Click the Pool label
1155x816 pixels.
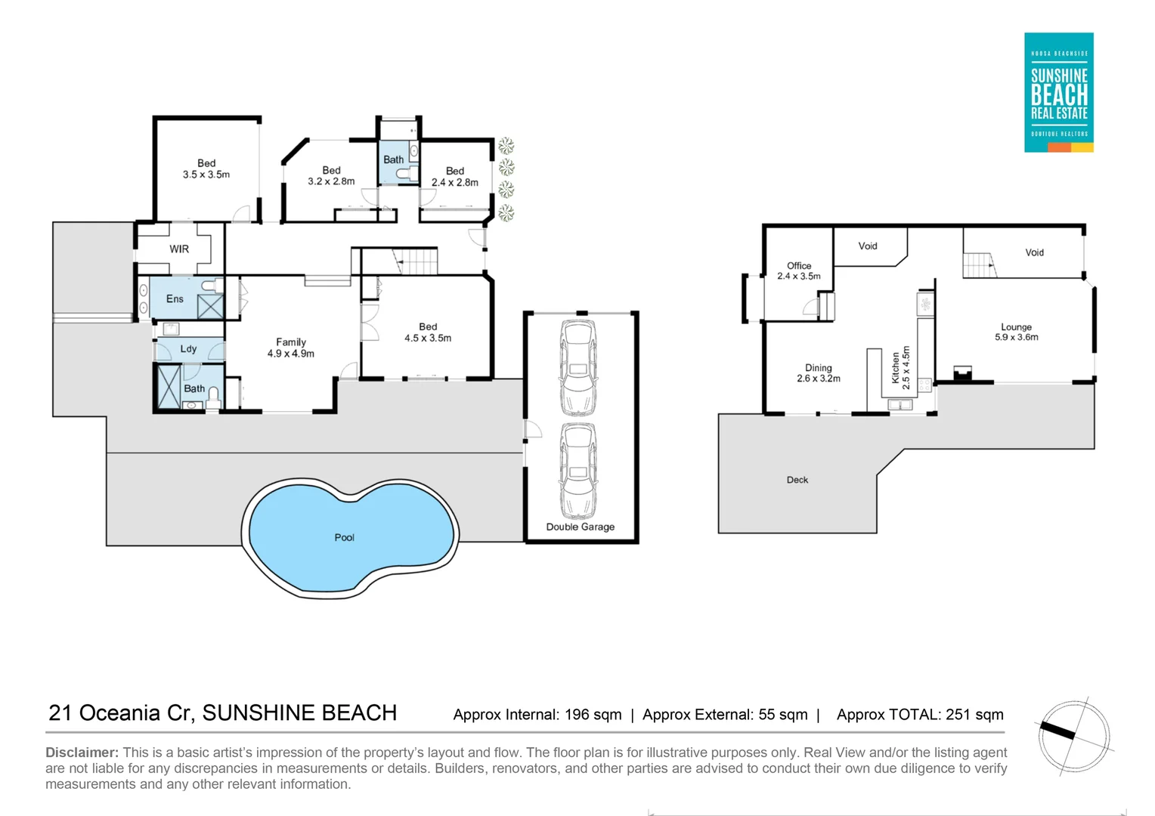tap(344, 537)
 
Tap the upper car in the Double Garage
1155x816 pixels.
tap(578, 367)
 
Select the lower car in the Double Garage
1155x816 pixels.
tap(578, 470)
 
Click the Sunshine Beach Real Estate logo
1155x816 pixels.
tap(1058, 92)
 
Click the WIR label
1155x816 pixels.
tap(179, 249)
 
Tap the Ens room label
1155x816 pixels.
tap(175, 299)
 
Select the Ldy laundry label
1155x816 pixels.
tap(188, 349)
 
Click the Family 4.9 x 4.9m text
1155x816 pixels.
tap(290, 348)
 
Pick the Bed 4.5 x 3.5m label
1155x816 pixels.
tap(428, 332)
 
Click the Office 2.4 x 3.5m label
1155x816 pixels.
tap(799, 270)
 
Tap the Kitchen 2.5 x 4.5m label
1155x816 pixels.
tap(901, 368)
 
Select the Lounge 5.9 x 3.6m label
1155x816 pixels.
tap(1016, 332)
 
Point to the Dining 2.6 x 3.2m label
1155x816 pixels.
tap(818, 373)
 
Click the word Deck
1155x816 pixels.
tap(797, 480)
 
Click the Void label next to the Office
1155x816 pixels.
tap(868, 246)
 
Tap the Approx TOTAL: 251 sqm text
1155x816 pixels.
tap(920, 715)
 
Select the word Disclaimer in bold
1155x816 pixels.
tap(82, 753)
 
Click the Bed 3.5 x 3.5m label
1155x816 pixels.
tap(206, 168)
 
